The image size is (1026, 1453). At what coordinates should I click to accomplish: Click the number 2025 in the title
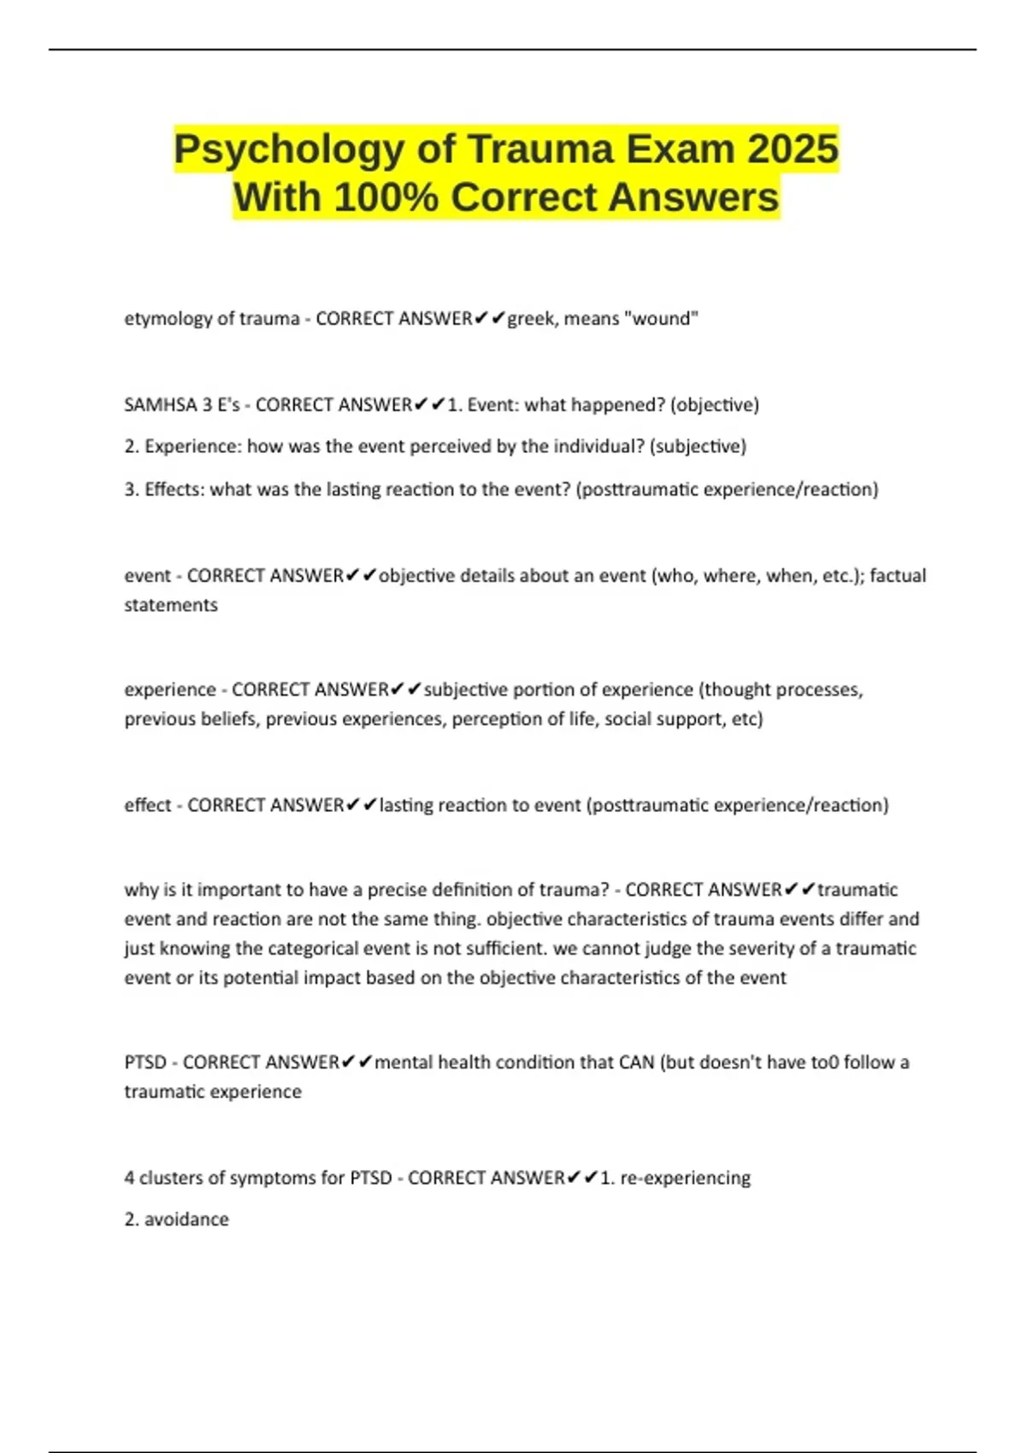click(793, 149)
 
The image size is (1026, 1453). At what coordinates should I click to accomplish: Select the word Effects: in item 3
click(175, 489)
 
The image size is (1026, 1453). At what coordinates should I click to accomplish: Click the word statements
click(171, 605)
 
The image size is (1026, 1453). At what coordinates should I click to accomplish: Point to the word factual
click(898, 575)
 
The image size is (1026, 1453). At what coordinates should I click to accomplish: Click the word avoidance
click(186, 1220)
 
